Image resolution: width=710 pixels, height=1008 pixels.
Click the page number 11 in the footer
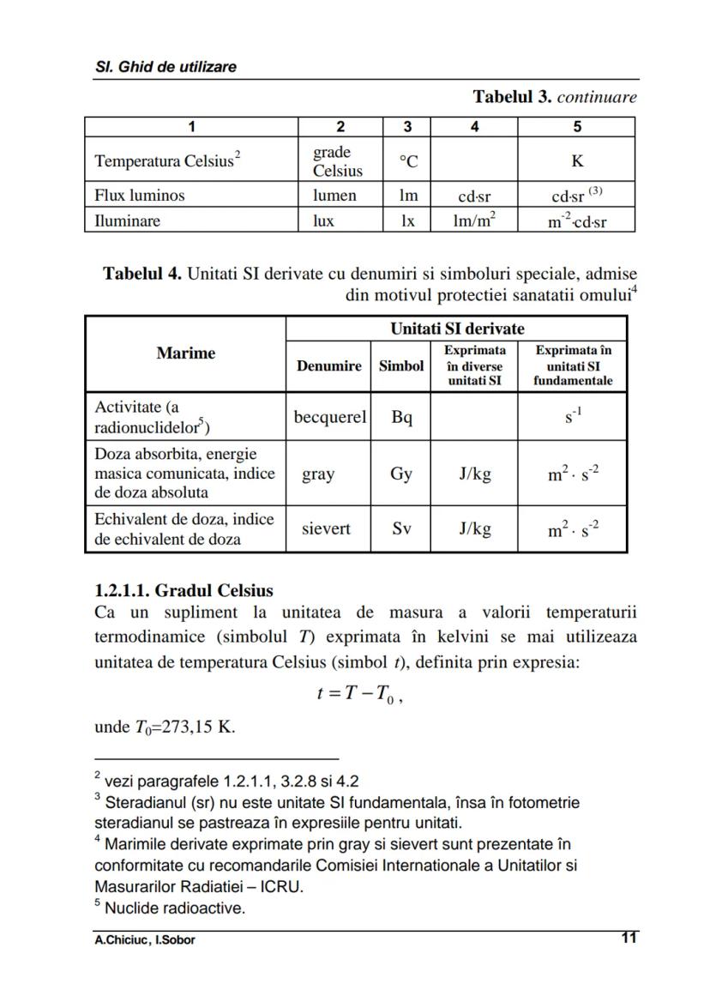click(x=629, y=938)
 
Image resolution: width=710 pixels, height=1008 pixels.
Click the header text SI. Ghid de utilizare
click(x=165, y=66)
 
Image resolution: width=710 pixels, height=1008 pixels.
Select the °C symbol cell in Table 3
click(x=407, y=160)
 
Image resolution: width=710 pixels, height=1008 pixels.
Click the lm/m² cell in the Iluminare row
click(x=474, y=220)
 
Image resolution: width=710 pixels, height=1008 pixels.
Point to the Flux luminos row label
click(x=139, y=195)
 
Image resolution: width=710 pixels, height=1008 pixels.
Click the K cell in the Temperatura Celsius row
click(x=576, y=160)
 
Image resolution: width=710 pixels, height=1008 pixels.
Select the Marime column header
click(x=185, y=353)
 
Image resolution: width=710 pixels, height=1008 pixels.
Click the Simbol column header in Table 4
click(x=401, y=365)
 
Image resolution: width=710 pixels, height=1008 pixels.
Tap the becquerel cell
click(x=329, y=417)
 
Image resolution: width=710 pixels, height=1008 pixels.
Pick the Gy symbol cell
click(x=401, y=474)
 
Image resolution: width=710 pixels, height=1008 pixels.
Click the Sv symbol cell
click(x=401, y=528)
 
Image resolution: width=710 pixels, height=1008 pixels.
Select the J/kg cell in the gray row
click(x=474, y=474)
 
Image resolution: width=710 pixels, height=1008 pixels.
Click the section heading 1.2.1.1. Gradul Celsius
click(x=184, y=590)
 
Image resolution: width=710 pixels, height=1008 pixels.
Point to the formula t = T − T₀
click(x=359, y=696)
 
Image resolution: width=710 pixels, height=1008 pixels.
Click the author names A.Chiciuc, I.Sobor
click(x=144, y=939)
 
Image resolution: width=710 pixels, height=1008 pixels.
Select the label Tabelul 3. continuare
click(x=555, y=97)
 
